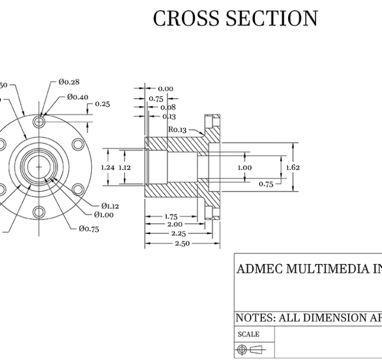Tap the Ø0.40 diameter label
pos(77,97)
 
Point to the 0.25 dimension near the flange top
pos(102,104)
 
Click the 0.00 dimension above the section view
pos(165,88)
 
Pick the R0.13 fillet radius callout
pos(177,130)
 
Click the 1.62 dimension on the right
pos(293,167)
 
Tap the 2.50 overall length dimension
pos(182,243)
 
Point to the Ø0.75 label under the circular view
pos(88,229)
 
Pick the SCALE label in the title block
pos(248,334)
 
